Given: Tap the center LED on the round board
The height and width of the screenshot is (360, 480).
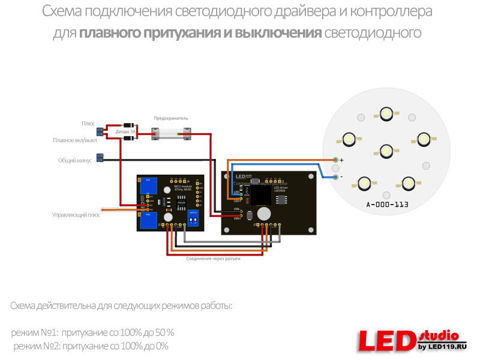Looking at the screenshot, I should click(386, 150).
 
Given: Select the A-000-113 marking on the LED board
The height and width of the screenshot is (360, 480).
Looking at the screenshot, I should click(387, 205).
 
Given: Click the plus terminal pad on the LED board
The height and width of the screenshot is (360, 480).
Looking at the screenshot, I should click(335, 160).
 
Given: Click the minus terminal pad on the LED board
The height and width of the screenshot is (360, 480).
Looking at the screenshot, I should click(335, 177).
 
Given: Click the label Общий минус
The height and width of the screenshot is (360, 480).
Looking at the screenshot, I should click(75, 160).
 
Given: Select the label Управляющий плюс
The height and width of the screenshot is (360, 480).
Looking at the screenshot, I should click(76, 214).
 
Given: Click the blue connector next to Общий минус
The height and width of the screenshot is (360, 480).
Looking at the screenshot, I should click(100, 158).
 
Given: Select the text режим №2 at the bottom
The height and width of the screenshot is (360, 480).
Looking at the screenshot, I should click(35, 346).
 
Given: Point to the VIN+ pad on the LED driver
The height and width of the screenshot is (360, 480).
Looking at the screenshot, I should click(241, 218).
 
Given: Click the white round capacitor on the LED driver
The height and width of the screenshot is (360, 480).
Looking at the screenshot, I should click(263, 214).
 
